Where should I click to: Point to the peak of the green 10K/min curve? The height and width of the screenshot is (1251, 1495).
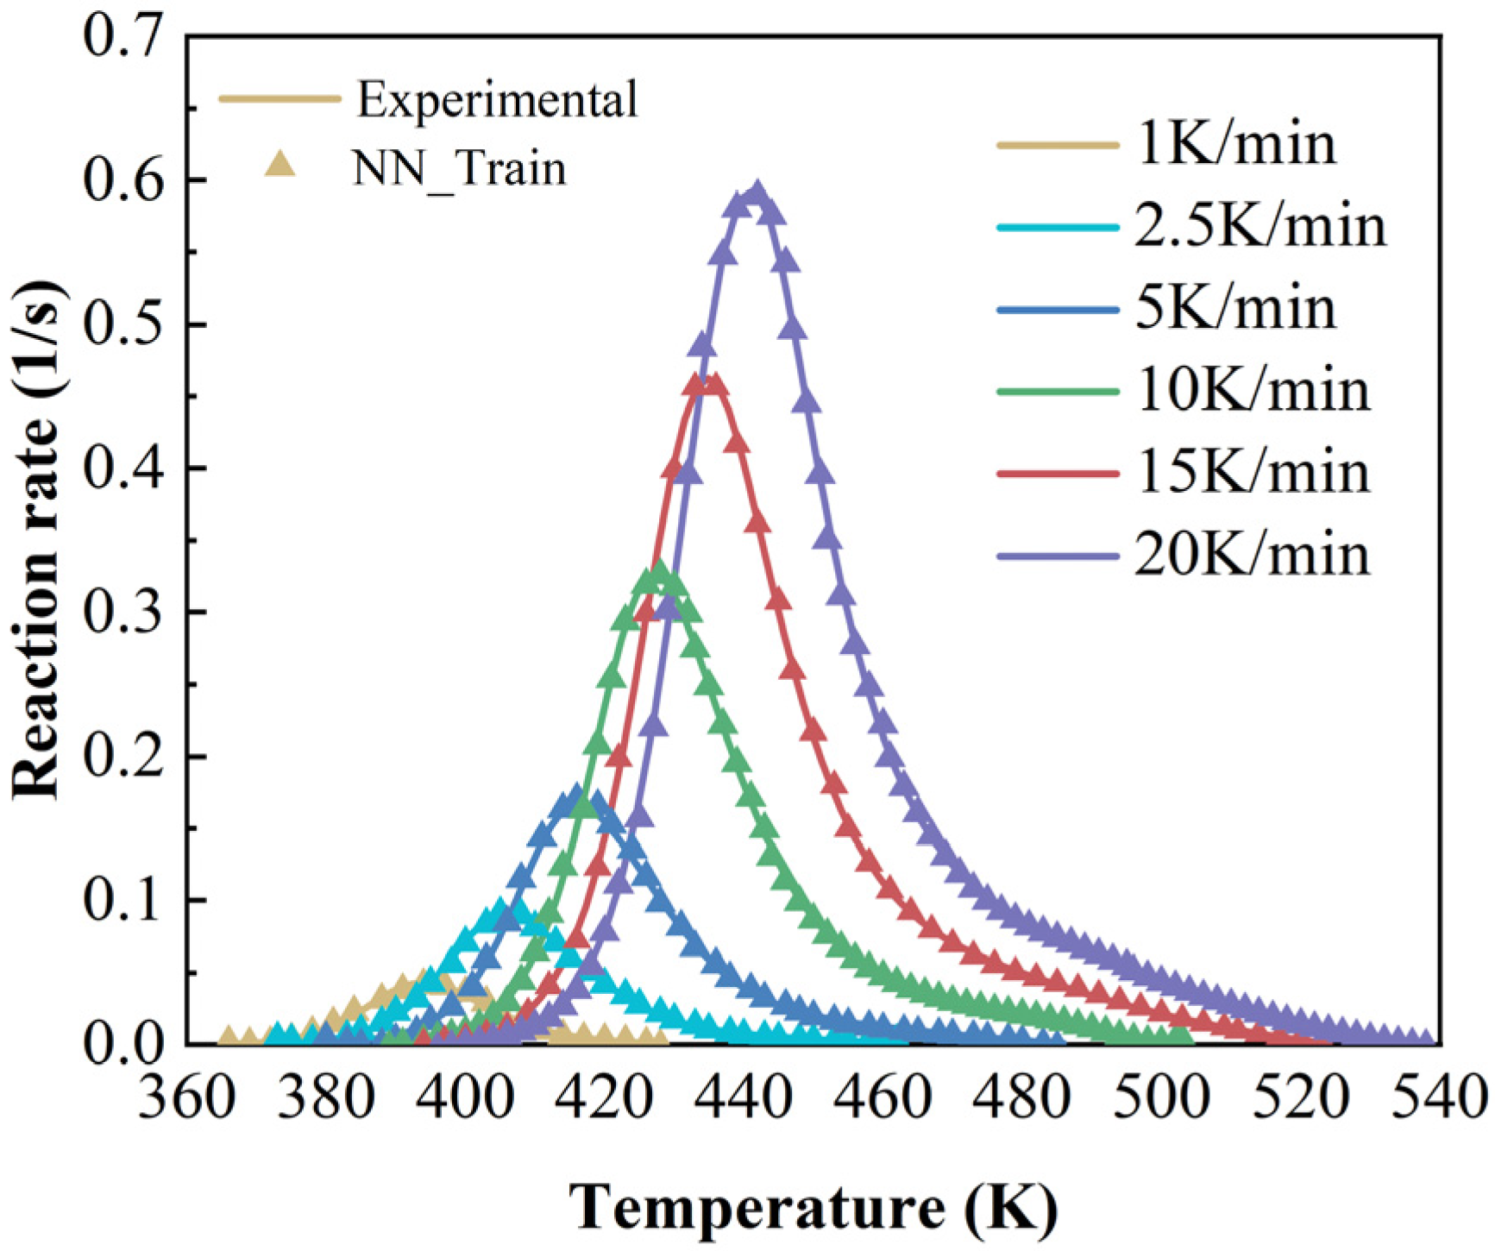pos(660,570)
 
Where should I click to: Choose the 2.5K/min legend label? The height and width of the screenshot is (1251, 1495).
pos(1259,226)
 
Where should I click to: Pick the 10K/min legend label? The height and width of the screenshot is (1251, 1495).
pos(1252,391)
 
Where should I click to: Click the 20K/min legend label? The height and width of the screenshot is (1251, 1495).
pos(1252,554)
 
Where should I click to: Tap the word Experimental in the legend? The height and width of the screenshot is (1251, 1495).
pos(498,99)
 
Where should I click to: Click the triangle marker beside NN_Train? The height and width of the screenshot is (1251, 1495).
pos(280,164)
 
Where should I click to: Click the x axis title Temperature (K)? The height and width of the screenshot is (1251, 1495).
pos(813,1206)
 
